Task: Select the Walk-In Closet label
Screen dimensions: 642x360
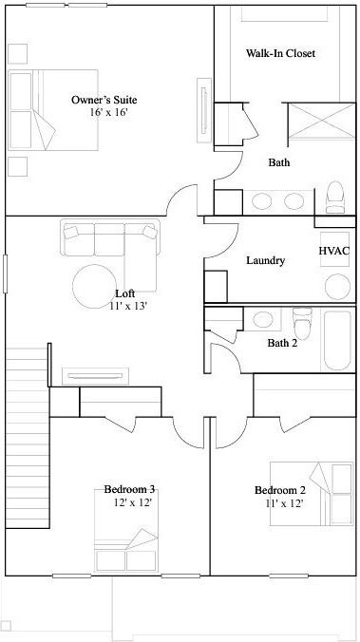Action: point(280,54)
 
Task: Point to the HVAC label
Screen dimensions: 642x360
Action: point(333,251)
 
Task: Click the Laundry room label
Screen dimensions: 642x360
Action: point(265,260)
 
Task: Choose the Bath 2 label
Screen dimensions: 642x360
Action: point(282,343)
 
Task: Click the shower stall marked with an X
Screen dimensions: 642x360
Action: point(317,124)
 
